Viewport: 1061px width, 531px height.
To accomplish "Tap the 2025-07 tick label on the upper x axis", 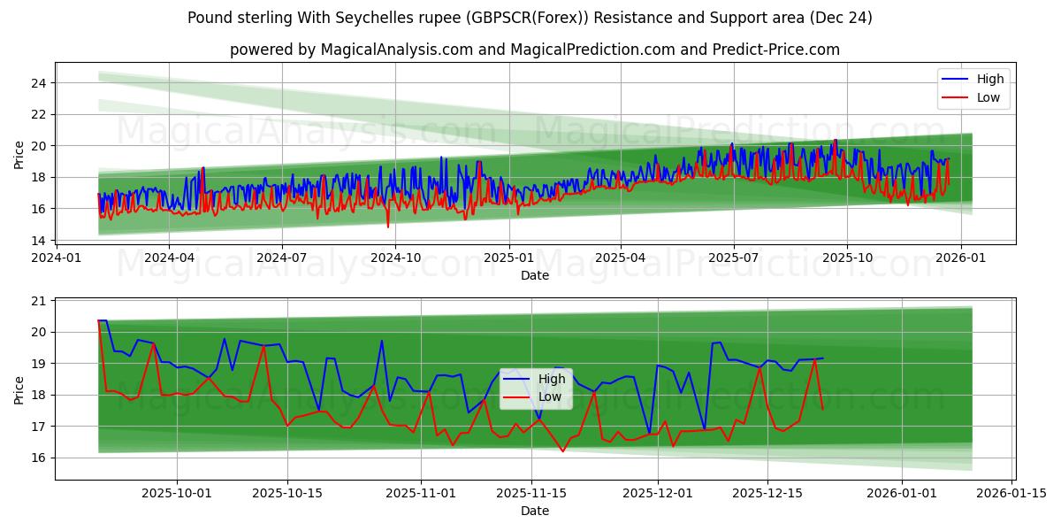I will [733, 258].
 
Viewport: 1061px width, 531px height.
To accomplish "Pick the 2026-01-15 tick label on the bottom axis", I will [1010, 494].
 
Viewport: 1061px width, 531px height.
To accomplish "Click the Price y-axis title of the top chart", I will [19, 156].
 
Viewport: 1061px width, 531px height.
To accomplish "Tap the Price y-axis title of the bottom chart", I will [19, 390].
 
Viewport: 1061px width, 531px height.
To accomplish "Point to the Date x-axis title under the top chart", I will [535, 275].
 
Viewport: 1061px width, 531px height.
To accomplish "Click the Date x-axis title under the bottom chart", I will [535, 511].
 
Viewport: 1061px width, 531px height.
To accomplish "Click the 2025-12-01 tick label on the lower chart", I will [657, 494].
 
